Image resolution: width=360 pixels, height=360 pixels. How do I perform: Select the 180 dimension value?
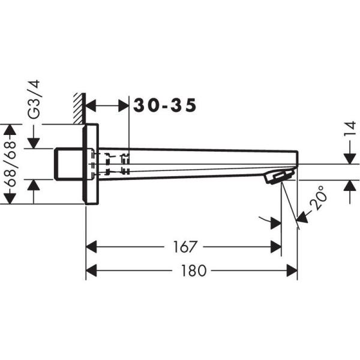tap(193, 271)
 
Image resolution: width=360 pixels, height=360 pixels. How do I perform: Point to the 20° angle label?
tap(320, 197)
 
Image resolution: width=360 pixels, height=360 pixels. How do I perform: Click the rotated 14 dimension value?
tap(349, 130)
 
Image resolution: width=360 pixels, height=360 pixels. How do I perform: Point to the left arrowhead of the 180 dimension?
tap(91, 271)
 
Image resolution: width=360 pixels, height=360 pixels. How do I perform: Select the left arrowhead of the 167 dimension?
tap(91, 247)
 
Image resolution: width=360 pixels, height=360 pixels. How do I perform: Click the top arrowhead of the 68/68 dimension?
tap(8, 130)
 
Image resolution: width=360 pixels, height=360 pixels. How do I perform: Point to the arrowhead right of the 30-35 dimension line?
tap(124, 106)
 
